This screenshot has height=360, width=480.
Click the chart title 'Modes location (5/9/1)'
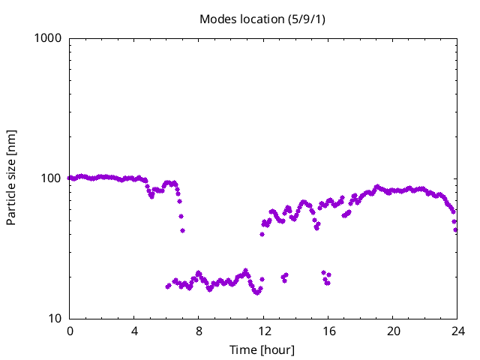(262, 19)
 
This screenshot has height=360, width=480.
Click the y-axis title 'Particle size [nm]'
(11, 178)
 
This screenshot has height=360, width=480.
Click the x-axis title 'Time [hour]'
(262, 349)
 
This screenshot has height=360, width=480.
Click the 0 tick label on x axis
(70, 331)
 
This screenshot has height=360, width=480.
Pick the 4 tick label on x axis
(134, 331)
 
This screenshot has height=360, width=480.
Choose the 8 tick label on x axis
(199, 331)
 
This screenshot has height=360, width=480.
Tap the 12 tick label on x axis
(263, 331)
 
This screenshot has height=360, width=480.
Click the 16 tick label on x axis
(328, 331)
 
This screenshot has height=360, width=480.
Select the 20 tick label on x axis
(392, 331)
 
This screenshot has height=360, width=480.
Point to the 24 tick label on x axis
(457, 331)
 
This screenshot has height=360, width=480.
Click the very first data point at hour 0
(70, 178)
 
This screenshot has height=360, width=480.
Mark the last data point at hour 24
(456, 229)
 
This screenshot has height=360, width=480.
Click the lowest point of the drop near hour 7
(182, 230)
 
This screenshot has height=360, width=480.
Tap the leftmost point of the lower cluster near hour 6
(167, 286)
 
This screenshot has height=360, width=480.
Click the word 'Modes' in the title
(217, 19)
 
